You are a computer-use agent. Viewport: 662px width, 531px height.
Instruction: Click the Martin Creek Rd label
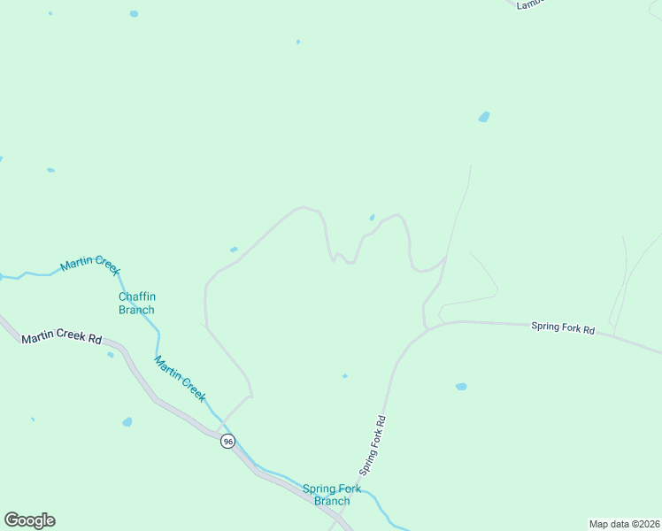[62, 338]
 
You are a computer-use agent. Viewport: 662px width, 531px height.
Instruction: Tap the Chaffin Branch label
[136, 304]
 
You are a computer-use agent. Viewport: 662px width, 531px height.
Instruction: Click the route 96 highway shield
[227, 442]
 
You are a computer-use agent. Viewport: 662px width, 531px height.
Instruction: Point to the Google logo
[29, 520]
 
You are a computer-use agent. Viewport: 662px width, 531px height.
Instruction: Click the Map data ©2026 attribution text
[624, 524]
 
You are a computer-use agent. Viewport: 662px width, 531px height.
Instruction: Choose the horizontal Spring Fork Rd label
[563, 327]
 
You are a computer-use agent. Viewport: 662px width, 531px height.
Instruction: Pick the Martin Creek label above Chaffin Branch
[90, 265]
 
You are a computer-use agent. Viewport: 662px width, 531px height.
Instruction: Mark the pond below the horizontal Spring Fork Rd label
[461, 387]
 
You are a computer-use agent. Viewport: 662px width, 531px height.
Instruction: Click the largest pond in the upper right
[484, 117]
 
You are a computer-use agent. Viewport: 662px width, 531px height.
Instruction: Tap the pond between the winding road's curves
[372, 218]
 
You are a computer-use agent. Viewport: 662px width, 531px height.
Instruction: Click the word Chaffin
[136, 297]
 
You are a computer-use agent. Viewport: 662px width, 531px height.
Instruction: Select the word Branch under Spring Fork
[332, 501]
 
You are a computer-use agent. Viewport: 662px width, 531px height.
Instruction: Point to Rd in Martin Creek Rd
[94, 339]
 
